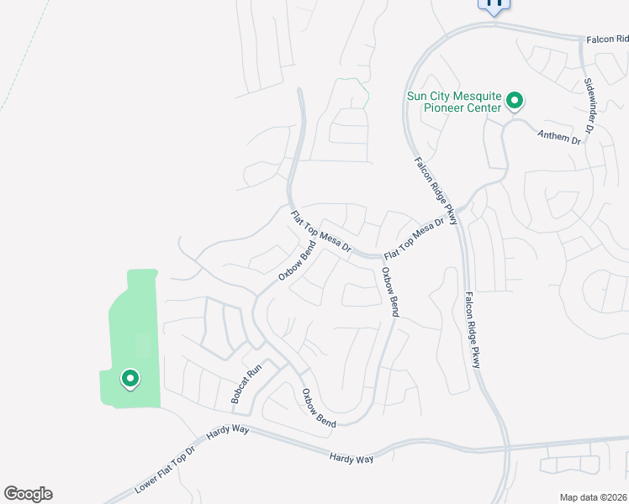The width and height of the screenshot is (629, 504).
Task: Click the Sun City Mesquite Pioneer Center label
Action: point(454,102)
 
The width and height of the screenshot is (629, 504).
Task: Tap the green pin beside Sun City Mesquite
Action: point(514,102)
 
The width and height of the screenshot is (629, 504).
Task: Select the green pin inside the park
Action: point(130,380)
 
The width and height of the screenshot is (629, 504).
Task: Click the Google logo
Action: point(28,494)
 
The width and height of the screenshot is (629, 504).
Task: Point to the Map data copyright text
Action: point(592,497)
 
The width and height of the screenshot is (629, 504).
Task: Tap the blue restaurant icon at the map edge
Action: point(494,3)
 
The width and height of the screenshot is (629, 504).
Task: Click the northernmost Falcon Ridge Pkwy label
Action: point(435,191)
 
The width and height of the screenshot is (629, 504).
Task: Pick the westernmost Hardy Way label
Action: point(228,433)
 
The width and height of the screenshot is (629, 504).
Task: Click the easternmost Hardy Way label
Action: point(351,458)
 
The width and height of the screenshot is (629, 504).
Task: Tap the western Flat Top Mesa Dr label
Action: point(320,232)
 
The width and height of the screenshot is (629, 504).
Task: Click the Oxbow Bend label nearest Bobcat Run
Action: point(320,408)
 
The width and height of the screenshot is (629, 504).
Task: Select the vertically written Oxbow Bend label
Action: point(390,292)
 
